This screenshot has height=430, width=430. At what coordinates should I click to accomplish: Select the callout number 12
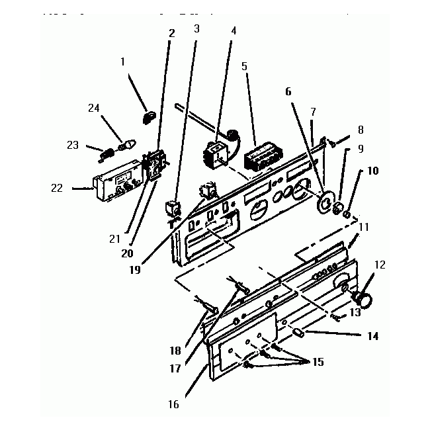point(380,265)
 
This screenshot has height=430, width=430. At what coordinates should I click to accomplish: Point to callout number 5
point(245,66)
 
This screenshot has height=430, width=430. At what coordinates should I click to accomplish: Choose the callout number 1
point(122,61)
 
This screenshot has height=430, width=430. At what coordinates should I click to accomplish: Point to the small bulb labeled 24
point(126,142)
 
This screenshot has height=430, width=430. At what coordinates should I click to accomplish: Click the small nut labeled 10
point(346,214)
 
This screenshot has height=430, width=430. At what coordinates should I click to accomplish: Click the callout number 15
point(318,362)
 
